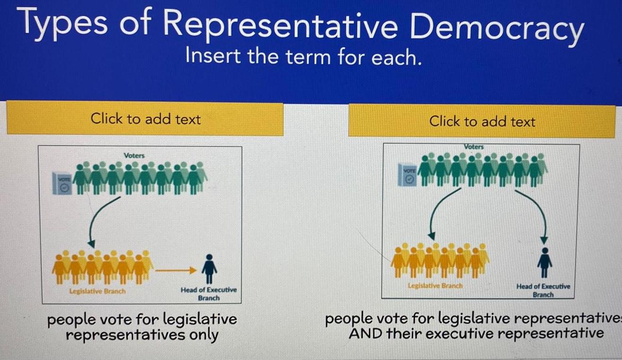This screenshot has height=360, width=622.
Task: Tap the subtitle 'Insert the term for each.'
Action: point(303,57)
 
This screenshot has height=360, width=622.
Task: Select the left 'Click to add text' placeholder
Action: point(145,118)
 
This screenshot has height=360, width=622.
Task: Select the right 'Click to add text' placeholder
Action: point(482,122)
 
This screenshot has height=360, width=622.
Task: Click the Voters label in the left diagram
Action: point(134,155)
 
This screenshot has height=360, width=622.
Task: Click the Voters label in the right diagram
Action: point(474,147)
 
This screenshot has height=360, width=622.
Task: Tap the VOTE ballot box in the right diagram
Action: point(409,175)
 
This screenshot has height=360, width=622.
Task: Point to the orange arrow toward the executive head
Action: point(175,271)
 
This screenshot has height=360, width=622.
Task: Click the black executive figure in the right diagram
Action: point(545,262)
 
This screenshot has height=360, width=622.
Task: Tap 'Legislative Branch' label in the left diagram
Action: point(98,291)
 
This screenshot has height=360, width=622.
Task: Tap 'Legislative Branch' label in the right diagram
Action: point(435,286)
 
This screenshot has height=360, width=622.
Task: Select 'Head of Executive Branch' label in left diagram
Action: point(208,294)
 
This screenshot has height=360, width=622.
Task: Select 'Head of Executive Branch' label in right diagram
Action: point(543,290)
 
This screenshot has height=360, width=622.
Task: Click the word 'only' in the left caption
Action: point(204,334)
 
